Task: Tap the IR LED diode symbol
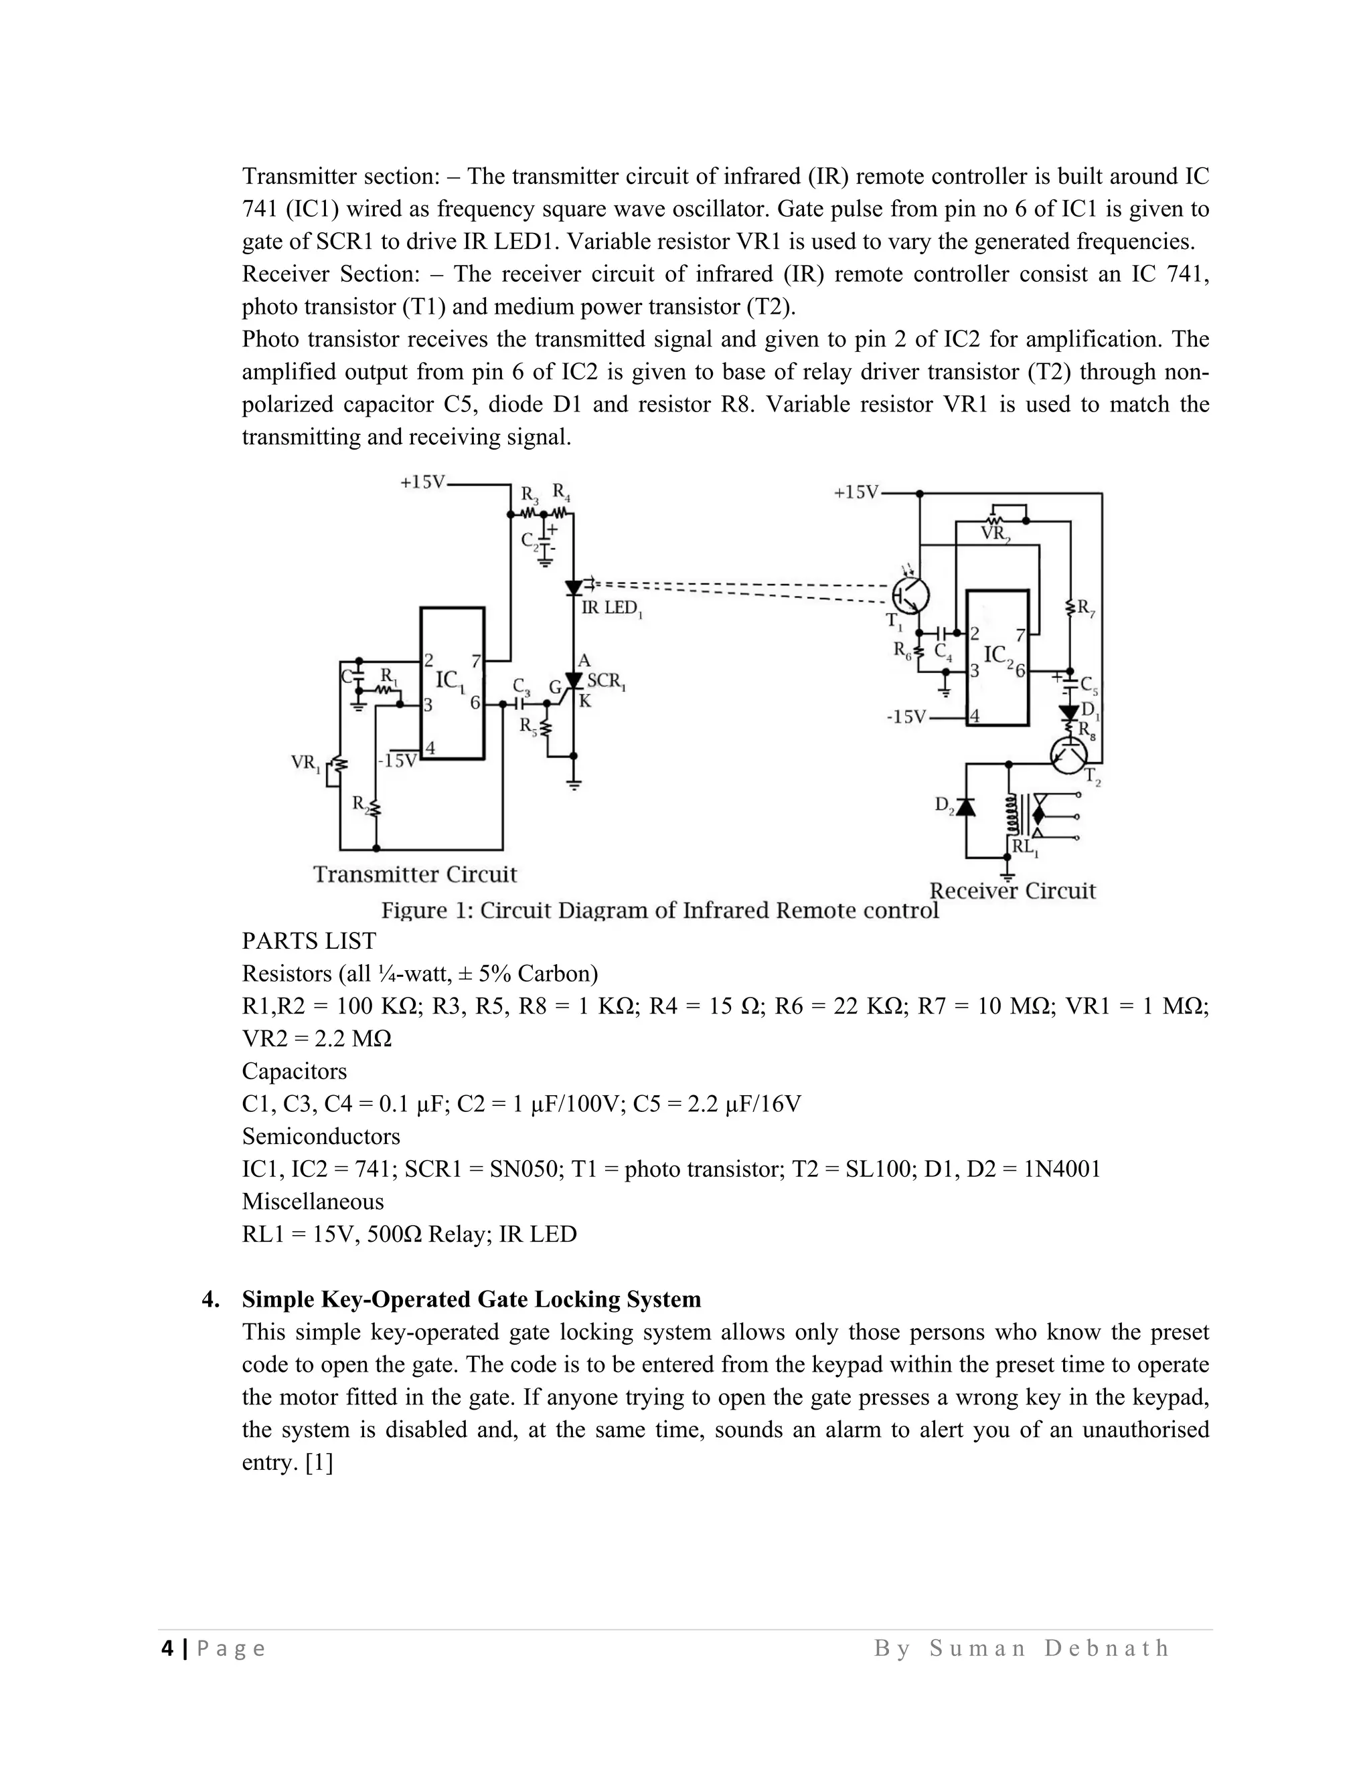[x=574, y=587]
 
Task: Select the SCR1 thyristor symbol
[x=574, y=680]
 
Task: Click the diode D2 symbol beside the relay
[x=966, y=806]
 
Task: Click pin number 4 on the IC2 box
[x=975, y=717]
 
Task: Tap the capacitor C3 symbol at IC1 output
[x=518, y=705]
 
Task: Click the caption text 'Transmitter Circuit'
[x=415, y=874]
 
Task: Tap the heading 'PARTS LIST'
[x=309, y=941]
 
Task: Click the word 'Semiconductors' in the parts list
[x=321, y=1136]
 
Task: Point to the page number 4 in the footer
[x=167, y=1648]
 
